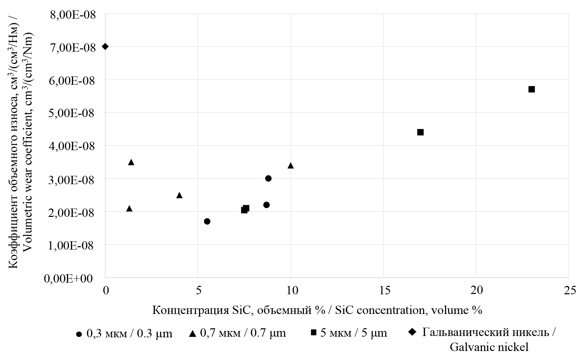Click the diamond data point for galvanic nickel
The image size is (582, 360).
[105, 46]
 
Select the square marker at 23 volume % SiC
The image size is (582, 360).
[532, 89]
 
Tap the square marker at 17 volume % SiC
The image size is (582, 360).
[420, 132]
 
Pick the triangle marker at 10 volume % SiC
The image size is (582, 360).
[290, 165]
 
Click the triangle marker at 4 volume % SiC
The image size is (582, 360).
[179, 195]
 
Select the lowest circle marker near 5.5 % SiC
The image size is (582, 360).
[207, 221]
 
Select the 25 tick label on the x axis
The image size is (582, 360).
[569, 291]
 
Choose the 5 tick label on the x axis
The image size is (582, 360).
[198, 291]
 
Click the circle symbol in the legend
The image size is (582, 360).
[79, 334]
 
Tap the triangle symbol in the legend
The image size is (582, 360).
[193, 333]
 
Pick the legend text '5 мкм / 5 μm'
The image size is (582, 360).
[354, 333]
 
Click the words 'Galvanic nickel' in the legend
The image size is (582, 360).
[489, 347]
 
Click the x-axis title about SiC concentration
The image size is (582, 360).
[317, 310]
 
